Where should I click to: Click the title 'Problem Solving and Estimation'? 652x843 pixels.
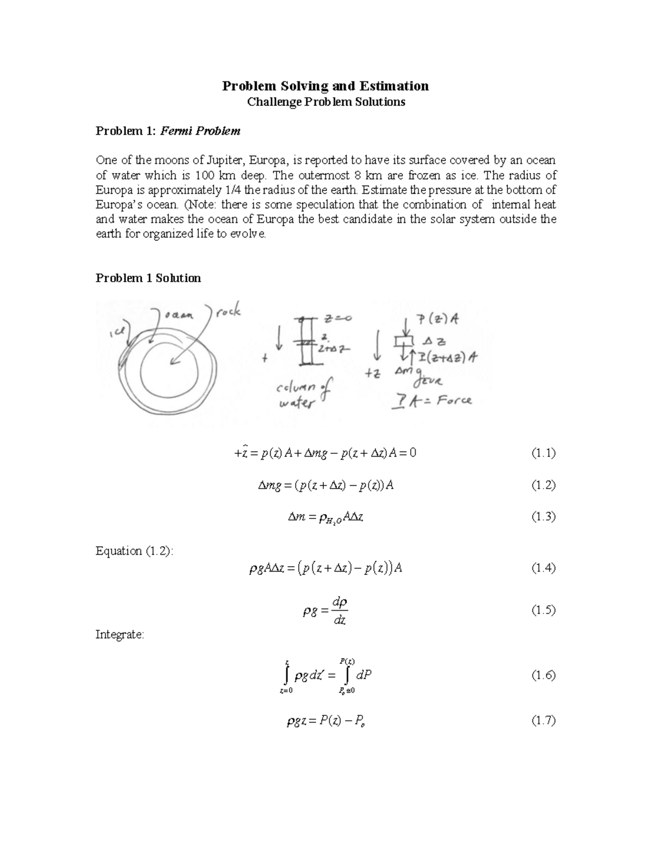click(325, 86)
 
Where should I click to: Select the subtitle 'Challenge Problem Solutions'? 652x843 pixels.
click(326, 102)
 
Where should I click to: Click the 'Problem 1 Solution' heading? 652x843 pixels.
click(148, 278)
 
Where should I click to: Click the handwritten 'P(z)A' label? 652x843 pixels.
click(437, 319)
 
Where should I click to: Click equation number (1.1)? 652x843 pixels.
click(543, 453)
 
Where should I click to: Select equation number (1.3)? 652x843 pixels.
click(543, 516)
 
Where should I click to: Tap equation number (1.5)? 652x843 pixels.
click(543, 610)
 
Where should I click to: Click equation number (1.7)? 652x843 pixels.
click(543, 720)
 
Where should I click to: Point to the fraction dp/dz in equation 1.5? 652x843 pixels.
click(340, 611)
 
